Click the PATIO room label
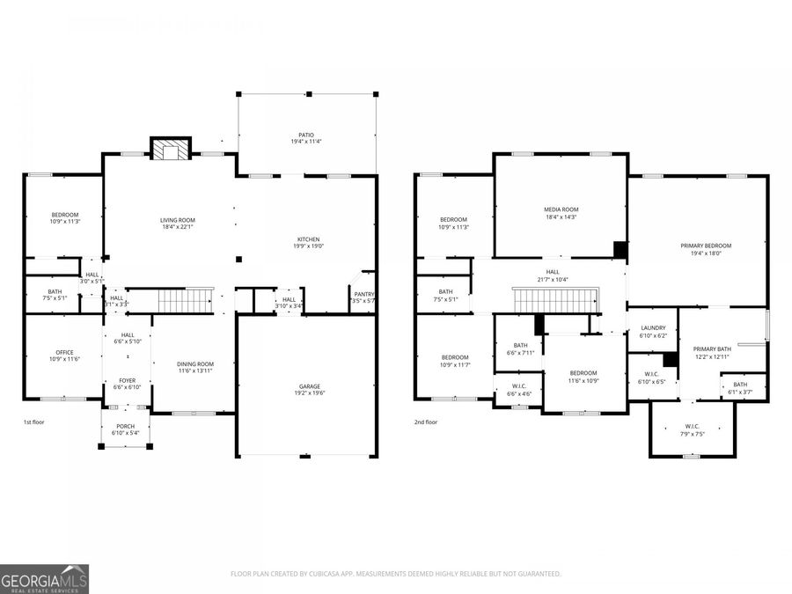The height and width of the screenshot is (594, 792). pos(306,136)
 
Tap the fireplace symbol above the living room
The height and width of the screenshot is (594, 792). pos(170,149)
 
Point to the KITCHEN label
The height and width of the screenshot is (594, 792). pos(307,239)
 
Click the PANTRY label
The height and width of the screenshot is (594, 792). pos(363,294)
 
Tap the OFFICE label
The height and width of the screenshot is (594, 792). pos(64,353)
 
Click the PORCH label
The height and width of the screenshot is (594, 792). pos(125,426)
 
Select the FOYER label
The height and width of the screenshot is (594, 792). pos(128,380)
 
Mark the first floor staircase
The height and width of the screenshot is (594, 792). pos(186,300)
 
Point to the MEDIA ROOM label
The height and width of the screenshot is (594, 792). pos(561,209)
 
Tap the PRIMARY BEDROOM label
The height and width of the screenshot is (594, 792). pos(706,246)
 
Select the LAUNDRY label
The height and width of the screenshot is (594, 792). pos(653,327)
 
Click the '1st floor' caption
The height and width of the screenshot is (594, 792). pos(33,422)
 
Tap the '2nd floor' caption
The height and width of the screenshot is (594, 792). pos(426,422)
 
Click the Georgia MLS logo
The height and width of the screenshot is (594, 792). pos(44,580)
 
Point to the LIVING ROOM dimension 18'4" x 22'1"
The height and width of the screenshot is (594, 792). pos(178,227)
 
